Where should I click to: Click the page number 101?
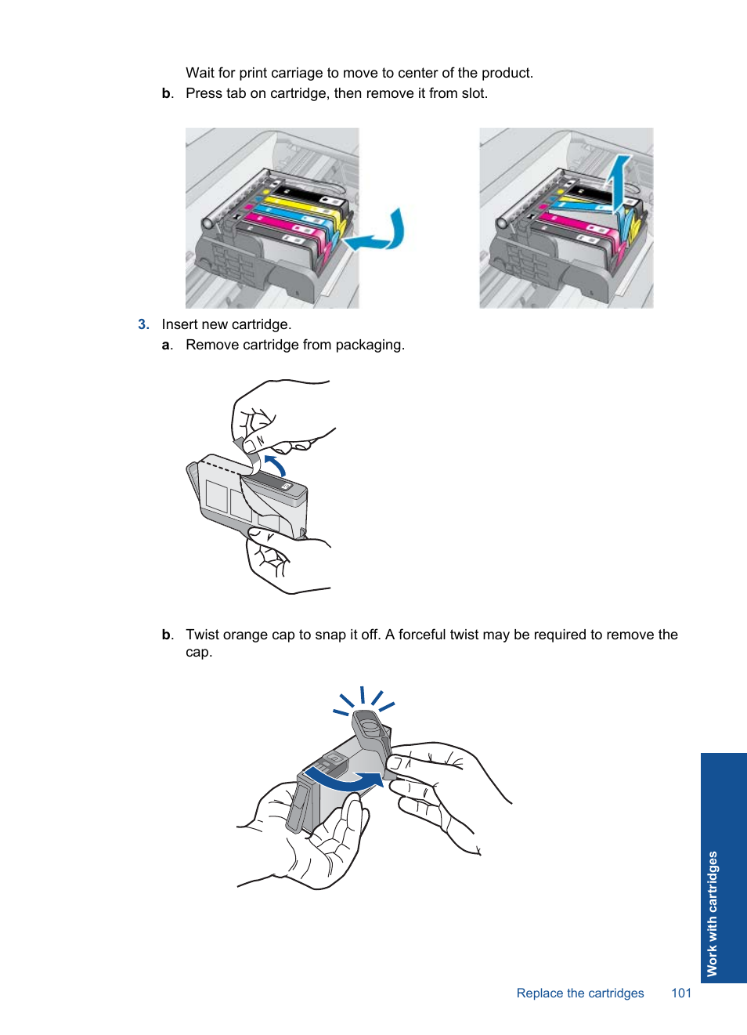click(x=680, y=993)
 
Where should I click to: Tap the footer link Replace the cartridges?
click(x=579, y=993)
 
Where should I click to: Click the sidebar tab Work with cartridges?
click(x=712, y=913)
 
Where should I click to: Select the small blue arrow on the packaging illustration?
click(x=275, y=465)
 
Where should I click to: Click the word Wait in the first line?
click(x=200, y=73)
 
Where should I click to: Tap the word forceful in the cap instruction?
click(x=422, y=635)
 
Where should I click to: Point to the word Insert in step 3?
click(x=179, y=324)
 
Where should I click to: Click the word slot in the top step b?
click(x=474, y=93)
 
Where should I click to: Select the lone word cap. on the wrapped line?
click(x=199, y=652)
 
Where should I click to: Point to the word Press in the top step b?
click(x=204, y=93)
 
